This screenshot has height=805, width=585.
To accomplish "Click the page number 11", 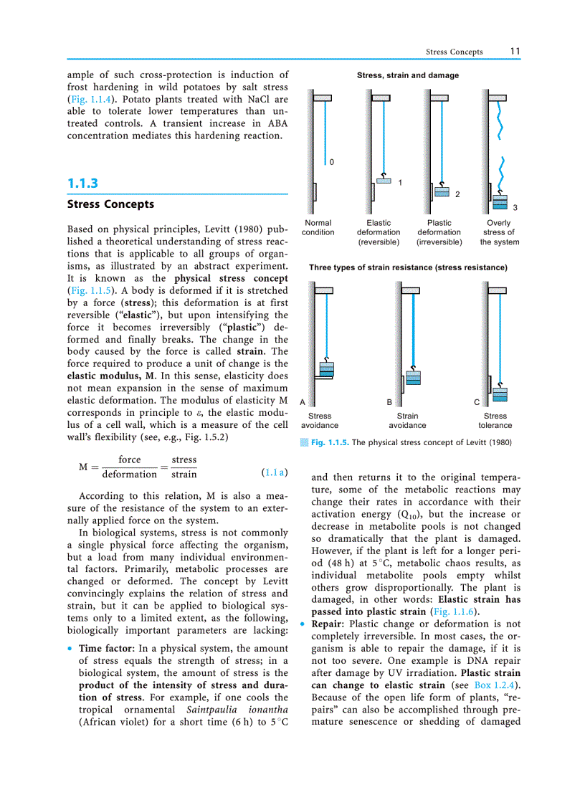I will click(x=515, y=52).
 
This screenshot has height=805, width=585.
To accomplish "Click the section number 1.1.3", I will click(x=82, y=184).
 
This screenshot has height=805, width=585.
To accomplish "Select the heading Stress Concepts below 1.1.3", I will click(x=110, y=204).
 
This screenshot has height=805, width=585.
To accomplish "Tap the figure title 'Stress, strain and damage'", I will click(x=408, y=75).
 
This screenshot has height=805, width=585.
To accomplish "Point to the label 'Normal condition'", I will click(x=318, y=228).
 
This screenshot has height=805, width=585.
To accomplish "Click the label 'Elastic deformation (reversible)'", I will click(x=379, y=232).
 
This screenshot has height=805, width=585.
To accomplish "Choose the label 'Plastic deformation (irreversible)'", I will click(x=439, y=232).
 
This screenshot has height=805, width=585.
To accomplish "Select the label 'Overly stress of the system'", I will click(x=499, y=232).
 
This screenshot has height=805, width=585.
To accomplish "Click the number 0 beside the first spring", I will click(x=331, y=162).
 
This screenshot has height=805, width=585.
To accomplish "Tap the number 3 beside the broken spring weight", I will click(x=515, y=207).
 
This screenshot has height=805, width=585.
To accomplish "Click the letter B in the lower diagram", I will click(x=389, y=403).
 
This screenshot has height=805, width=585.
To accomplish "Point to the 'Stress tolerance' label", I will click(x=495, y=420).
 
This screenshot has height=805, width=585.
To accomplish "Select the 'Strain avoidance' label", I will click(x=407, y=420).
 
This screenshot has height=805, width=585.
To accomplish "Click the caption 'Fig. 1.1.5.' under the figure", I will click(x=330, y=442).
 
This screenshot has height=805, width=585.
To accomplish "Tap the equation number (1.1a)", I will click(x=276, y=472).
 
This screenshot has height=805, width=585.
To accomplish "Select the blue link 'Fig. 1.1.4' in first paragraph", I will click(x=90, y=100).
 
